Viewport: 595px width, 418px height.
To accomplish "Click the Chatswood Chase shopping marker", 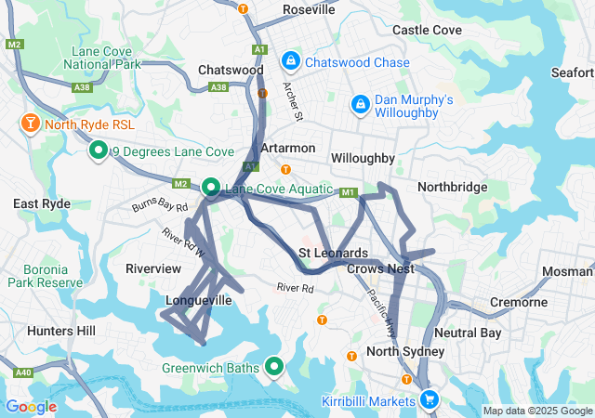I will point(291,62).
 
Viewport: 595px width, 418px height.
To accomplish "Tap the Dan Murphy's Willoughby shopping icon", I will point(360,106).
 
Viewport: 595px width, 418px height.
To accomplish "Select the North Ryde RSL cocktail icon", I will point(30,123).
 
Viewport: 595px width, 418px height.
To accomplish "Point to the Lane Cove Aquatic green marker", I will point(211,188).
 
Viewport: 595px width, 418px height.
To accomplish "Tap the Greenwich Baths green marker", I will point(273,367).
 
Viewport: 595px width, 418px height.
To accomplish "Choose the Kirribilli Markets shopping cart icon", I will point(429,398).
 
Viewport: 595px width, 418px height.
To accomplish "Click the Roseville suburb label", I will point(309,9).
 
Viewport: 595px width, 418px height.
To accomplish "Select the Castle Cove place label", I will point(427,30).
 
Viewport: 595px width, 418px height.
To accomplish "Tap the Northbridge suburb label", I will point(452,187).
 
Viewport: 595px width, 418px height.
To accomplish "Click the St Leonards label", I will point(333,253).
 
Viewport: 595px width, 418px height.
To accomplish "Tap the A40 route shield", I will point(23,372).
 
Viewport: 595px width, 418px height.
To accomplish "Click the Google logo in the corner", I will point(31,406).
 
